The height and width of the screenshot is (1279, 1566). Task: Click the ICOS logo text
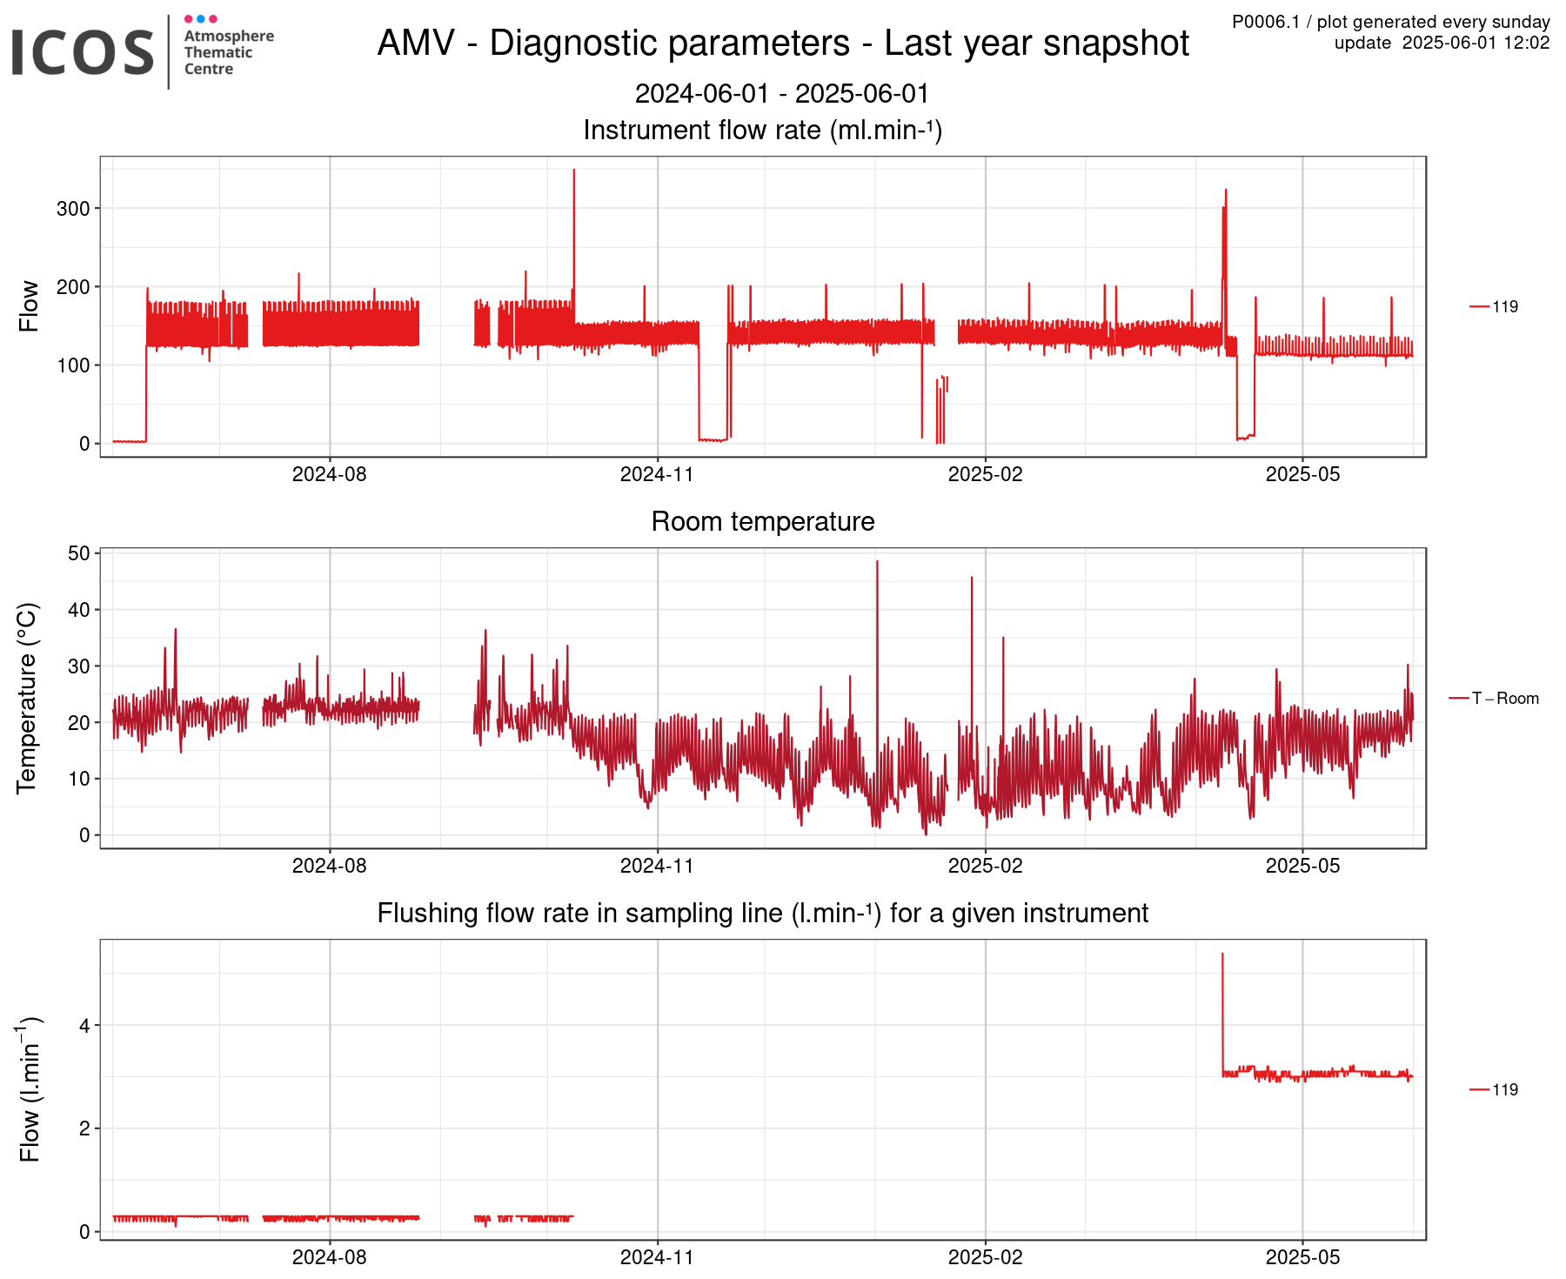(83, 52)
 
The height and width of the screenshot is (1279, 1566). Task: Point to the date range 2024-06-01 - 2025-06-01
(781, 94)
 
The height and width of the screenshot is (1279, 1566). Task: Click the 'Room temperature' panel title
(762, 522)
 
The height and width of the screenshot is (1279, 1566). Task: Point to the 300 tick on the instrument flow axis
(73, 209)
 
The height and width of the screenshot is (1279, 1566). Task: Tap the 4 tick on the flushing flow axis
(84, 1026)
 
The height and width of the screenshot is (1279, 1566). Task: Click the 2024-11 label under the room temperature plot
(657, 867)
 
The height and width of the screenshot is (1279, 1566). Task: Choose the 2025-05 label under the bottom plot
(1302, 1258)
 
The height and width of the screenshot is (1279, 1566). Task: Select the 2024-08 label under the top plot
(329, 475)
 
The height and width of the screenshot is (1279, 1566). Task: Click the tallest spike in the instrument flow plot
(573, 171)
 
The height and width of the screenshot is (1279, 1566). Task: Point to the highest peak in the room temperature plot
(877, 563)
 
